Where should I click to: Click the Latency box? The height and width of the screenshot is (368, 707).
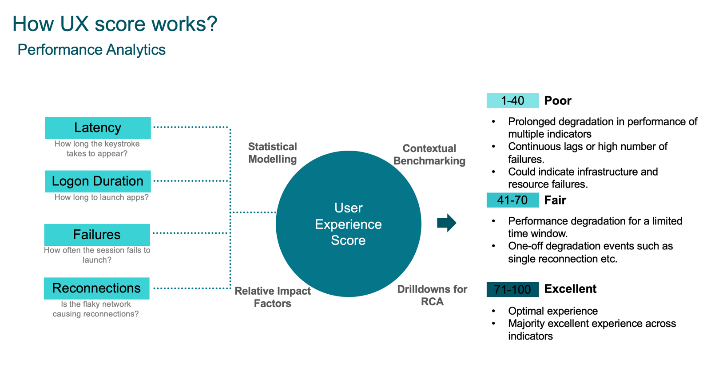click(98, 128)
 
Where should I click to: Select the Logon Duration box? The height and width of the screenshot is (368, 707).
click(98, 181)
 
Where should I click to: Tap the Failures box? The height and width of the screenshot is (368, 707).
click(97, 235)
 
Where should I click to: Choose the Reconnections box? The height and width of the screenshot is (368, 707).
click(96, 288)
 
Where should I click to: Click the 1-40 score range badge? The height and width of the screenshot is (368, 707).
click(512, 101)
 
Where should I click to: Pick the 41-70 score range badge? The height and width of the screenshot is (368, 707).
click(512, 200)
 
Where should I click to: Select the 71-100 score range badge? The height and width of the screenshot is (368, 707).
click(512, 289)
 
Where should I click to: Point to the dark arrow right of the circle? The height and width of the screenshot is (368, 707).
click(446, 223)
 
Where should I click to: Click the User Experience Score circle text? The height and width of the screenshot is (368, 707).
click(348, 224)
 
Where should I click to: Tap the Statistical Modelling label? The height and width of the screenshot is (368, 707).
click(272, 153)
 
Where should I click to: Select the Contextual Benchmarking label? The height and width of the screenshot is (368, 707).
click(429, 155)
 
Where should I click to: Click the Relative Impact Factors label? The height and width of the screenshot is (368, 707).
click(272, 297)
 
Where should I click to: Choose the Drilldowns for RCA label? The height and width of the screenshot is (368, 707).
click(432, 296)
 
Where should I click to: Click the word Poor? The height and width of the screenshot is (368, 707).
click(558, 101)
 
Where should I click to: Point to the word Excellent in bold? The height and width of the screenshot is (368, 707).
click(570, 289)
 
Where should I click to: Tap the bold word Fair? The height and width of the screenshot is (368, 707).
click(555, 200)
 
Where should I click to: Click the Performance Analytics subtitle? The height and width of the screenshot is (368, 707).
click(91, 50)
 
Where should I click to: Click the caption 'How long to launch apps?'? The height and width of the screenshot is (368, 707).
click(101, 197)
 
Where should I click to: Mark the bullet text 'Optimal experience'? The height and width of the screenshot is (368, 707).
click(553, 311)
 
